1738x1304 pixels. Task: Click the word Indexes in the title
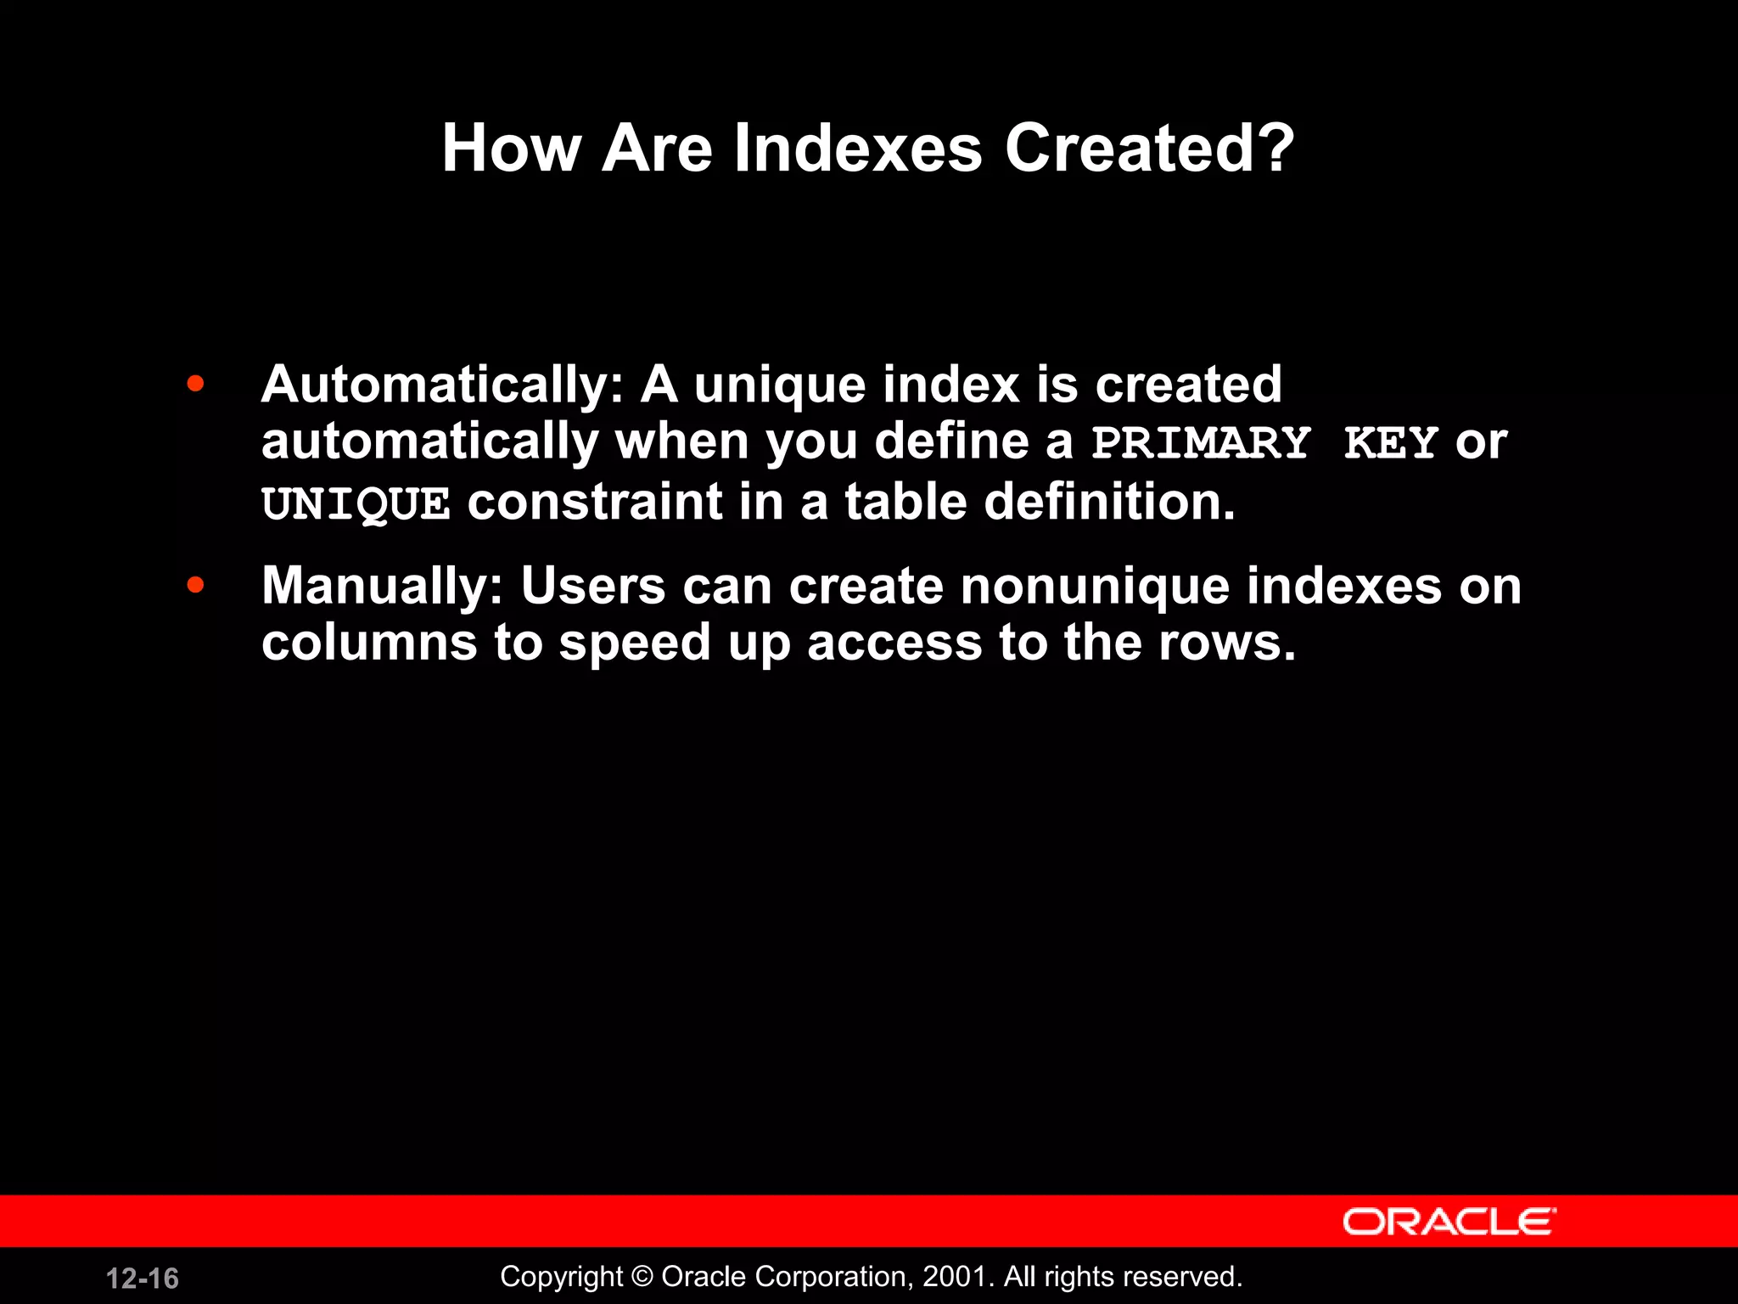(857, 149)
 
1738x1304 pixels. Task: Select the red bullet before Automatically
(195, 384)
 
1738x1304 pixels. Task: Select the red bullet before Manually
(195, 585)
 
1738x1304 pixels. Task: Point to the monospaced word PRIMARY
(1201, 443)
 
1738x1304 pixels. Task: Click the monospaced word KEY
(1390, 443)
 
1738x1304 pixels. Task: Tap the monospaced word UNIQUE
(355, 503)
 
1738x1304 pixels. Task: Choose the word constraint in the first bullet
(594, 502)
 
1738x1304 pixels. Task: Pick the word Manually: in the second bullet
(383, 587)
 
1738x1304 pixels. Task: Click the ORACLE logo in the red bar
(1449, 1222)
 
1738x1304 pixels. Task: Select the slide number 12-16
(143, 1279)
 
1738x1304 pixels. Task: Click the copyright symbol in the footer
(642, 1277)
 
